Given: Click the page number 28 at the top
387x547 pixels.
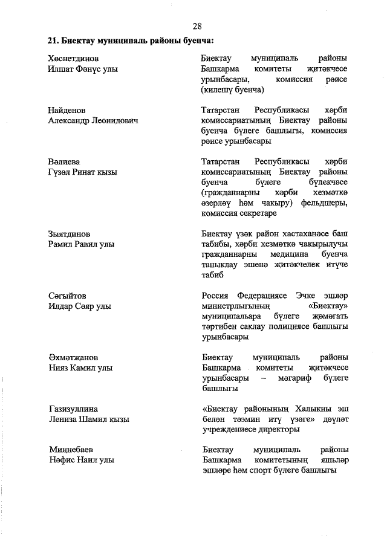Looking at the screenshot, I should tap(197, 26).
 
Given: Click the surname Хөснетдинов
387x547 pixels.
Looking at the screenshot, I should tap(73, 58).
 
